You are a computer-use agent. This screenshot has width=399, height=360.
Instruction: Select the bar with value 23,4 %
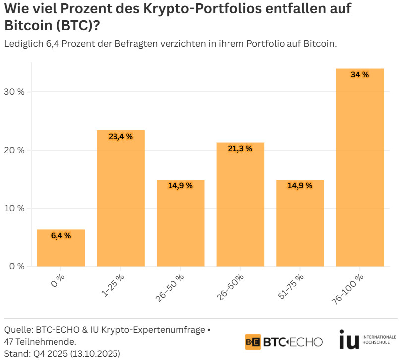[x=120, y=198]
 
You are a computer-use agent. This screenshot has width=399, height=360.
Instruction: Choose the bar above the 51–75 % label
[x=300, y=223]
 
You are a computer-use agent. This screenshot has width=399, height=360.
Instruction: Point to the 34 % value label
[x=359, y=75]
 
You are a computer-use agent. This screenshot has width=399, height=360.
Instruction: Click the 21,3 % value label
[x=240, y=148]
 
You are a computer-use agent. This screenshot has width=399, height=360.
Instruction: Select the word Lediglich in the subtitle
[x=24, y=44]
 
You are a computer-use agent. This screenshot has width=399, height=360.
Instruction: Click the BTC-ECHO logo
[x=284, y=342]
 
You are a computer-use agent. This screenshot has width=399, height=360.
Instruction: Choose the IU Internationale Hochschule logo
[x=367, y=340]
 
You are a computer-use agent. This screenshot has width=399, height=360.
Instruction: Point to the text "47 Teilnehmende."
[x=39, y=342]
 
